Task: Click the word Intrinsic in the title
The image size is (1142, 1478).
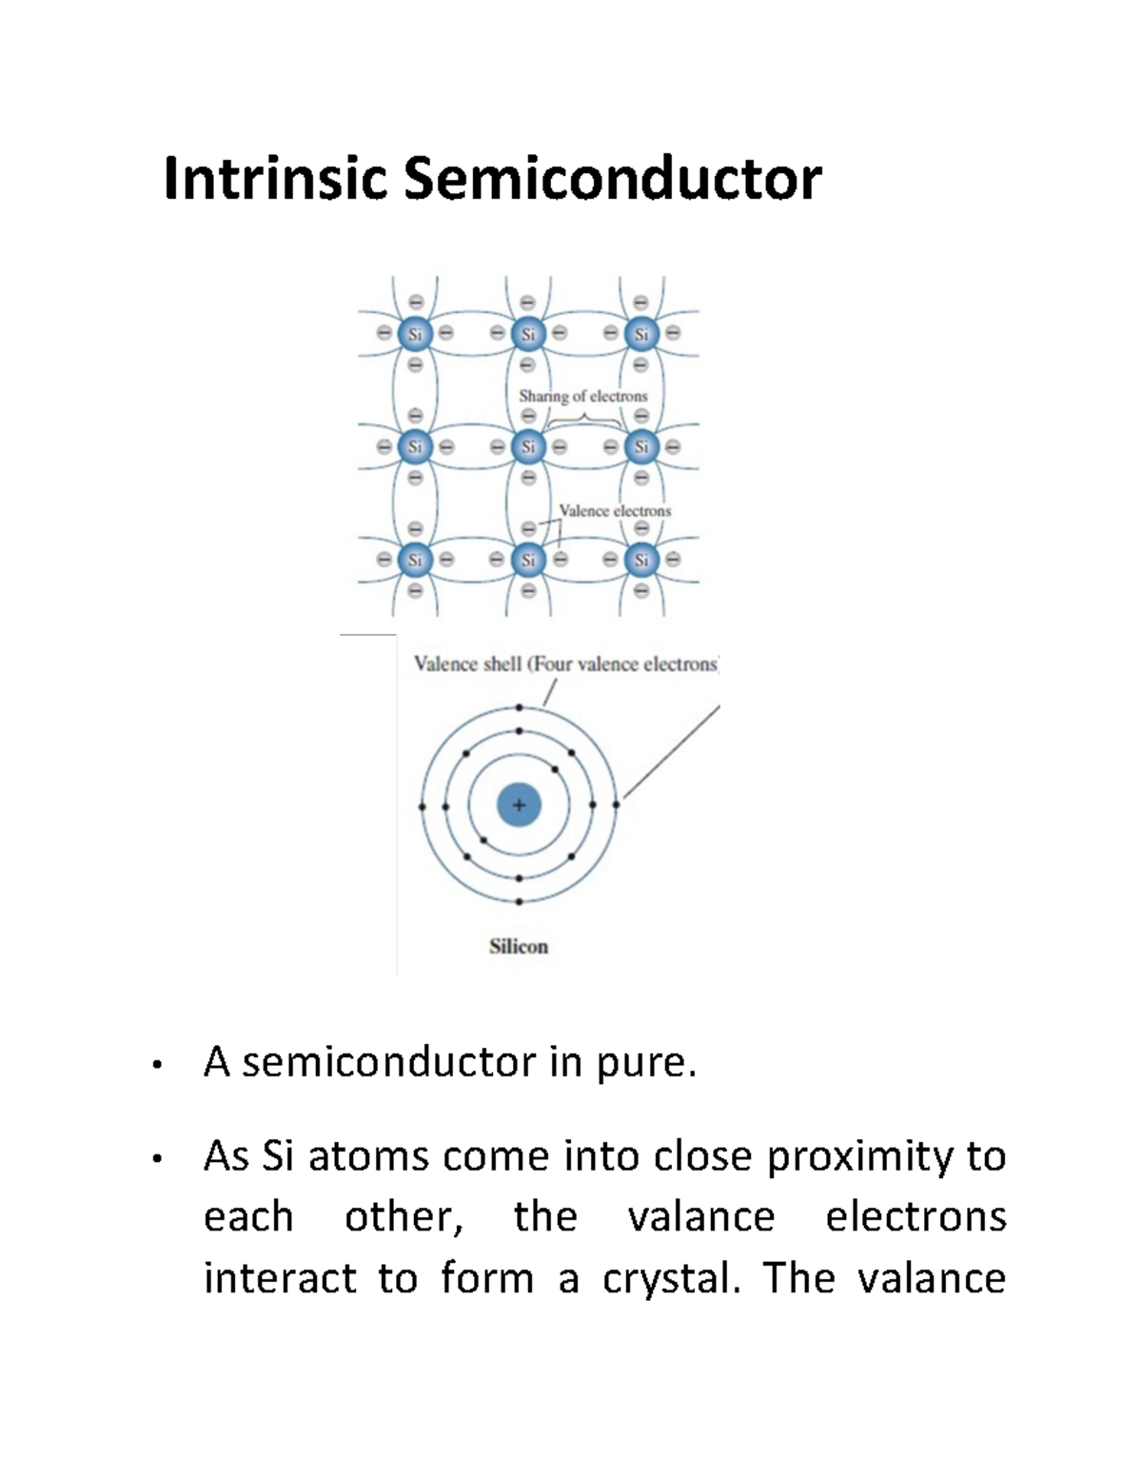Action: [275, 179]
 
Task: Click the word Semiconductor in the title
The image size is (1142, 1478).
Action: [612, 179]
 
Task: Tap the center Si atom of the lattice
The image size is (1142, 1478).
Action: [528, 446]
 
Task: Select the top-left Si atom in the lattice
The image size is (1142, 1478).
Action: [415, 334]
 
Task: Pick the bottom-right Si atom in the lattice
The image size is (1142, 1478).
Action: [641, 560]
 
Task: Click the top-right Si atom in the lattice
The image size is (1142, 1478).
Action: [641, 334]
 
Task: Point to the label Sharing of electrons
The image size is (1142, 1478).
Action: [582, 396]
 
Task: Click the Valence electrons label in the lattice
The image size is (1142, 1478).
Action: [615, 511]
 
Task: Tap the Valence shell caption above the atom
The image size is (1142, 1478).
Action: [565, 664]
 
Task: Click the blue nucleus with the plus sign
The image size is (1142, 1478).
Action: [519, 805]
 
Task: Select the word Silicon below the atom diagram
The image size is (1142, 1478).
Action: [519, 946]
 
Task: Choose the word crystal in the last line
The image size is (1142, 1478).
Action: [670, 1278]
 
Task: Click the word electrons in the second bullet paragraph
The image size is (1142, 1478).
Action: [916, 1217]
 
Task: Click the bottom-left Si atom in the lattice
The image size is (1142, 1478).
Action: [415, 560]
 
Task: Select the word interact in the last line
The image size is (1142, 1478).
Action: [280, 1278]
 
